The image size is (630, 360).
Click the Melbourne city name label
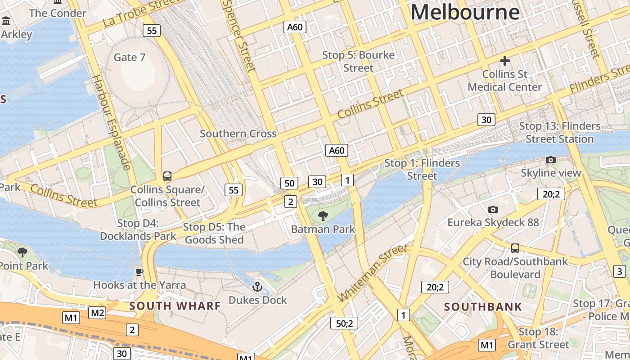pyautogui.click(x=465, y=12)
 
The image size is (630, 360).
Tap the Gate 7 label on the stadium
pyautogui.click(x=129, y=57)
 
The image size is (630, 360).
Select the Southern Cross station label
pyautogui.click(x=238, y=134)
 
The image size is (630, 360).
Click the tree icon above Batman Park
pyautogui.click(x=323, y=216)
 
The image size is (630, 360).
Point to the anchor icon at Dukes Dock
pyautogui.click(x=257, y=286)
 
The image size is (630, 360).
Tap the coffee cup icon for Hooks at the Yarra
pyautogui.click(x=139, y=272)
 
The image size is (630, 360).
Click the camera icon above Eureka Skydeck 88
pyautogui.click(x=493, y=209)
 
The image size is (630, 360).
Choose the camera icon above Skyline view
pyautogui.click(x=550, y=160)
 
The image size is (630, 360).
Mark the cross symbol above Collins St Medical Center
pyautogui.click(x=504, y=60)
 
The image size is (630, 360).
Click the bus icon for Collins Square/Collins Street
pyautogui.click(x=167, y=176)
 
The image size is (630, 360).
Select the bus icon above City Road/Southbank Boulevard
pyautogui.click(x=515, y=248)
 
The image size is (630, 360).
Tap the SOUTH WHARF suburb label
pyautogui.click(x=175, y=306)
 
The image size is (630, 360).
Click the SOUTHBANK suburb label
pyautogui.click(x=483, y=307)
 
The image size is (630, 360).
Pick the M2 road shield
pyautogui.click(x=97, y=313)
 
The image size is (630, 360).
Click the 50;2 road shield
pyautogui.click(x=344, y=323)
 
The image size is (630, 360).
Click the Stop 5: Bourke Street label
pyautogui.click(x=358, y=62)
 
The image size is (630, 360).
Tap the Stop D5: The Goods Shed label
pyautogui.click(x=214, y=234)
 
